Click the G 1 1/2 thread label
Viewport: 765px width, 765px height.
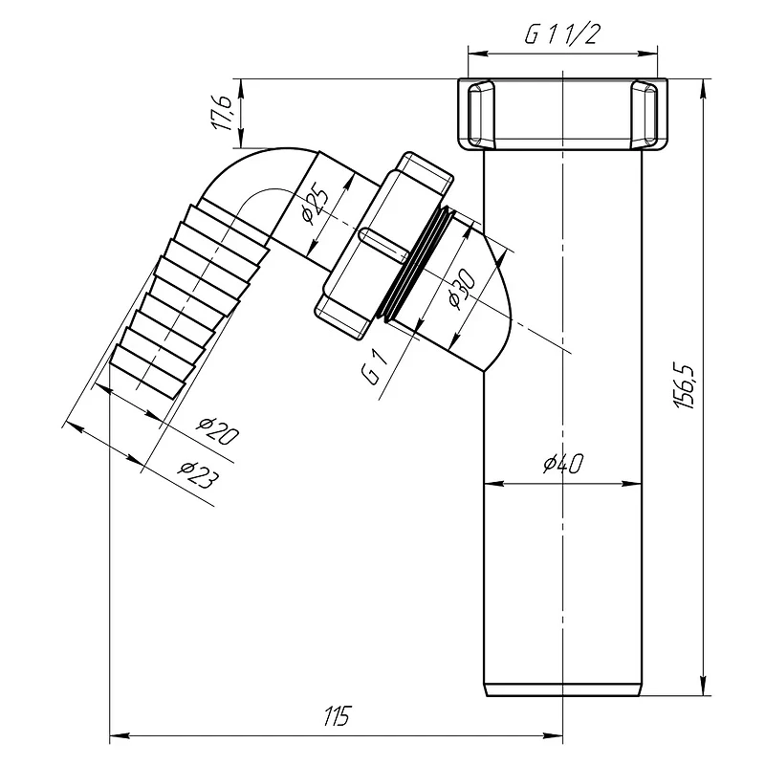click(x=561, y=33)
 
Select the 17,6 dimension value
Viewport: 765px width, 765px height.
click(x=223, y=113)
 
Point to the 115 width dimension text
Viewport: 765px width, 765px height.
click(x=337, y=715)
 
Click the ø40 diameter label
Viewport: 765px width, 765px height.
click(x=563, y=463)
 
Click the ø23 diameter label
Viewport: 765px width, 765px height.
click(x=197, y=473)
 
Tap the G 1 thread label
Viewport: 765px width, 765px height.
click(x=375, y=368)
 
